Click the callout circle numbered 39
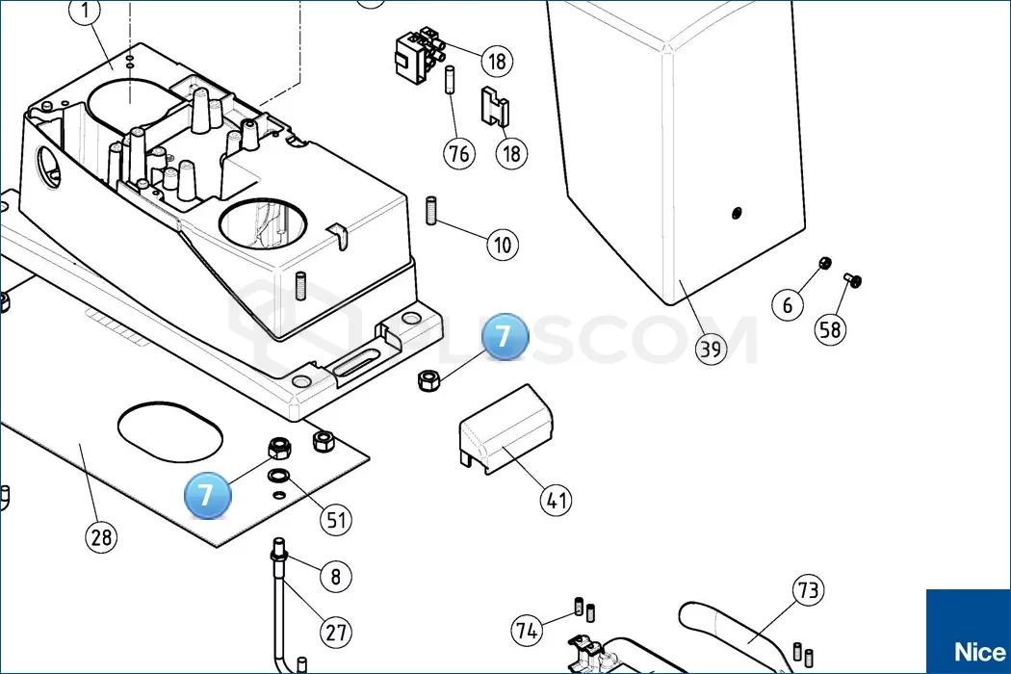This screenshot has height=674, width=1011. [x=711, y=347]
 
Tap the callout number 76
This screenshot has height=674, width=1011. [x=460, y=152]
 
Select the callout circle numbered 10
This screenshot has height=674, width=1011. [x=502, y=244]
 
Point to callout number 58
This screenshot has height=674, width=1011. [x=829, y=329]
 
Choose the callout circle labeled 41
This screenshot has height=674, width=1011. [x=556, y=500]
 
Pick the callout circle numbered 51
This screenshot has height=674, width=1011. [x=335, y=520]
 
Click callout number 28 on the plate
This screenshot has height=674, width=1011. [x=102, y=536]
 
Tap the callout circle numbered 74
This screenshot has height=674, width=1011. [x=526, y=631]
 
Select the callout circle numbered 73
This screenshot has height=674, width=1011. [x=808, y=589]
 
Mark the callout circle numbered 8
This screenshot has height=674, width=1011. [x=335, y=577]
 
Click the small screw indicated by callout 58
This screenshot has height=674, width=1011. [x=851, y=280]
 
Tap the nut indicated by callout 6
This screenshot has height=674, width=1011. [x=823, y=264]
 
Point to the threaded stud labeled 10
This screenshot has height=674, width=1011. [x=431, y=209]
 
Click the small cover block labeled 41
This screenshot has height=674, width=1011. [x=506, y=428]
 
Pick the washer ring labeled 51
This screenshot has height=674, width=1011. [x=278, y=477]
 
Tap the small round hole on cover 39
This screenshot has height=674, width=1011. [x=737, y=212]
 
